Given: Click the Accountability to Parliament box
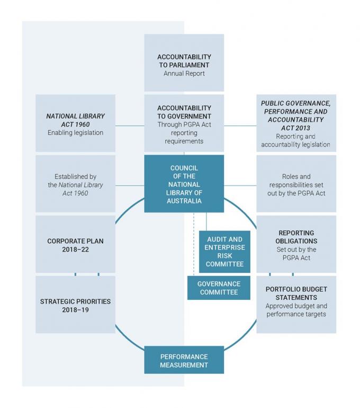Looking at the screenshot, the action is point(184,63).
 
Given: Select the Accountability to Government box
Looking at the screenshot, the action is point(184,123).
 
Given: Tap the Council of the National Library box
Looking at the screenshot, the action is point(184,184).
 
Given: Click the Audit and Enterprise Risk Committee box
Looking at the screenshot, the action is point(224,252).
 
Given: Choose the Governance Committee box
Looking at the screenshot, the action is point(219,288).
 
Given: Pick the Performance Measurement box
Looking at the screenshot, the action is point(184,360).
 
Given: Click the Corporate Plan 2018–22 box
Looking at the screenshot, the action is point(75,244).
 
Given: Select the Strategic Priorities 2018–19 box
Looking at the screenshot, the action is point(75,305).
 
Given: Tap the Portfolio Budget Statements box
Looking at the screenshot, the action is point(296,305).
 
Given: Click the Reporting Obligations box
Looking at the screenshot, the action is point(296,244).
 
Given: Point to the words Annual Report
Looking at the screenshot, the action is point(184,74).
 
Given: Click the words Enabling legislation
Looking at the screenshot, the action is point(75,132).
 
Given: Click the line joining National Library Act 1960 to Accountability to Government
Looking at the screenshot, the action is point(130,126).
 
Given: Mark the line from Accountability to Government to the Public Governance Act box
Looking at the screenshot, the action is point(240,126).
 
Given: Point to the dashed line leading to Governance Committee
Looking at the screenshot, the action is point(194,244).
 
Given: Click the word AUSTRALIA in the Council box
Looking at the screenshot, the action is point(184,201).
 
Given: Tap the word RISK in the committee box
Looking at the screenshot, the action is point(224,256).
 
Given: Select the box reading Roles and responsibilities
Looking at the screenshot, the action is point(296,184).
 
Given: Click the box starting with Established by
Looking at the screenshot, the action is point(75,184).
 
